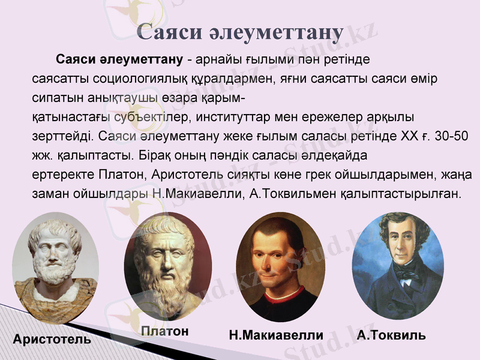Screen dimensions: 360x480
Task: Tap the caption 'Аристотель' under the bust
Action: (52, 340)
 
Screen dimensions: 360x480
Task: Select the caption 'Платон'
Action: (165, 331)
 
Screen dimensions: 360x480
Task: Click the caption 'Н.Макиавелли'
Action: (276, 335)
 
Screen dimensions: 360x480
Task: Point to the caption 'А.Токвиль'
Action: (391, 335)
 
